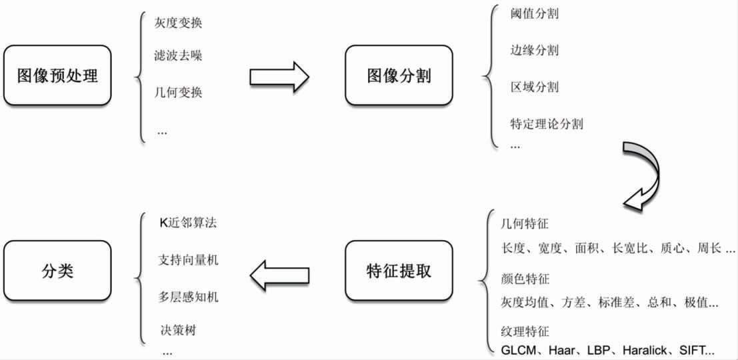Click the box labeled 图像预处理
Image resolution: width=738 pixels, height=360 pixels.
[57, 75]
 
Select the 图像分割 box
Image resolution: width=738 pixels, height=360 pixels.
[399, 75]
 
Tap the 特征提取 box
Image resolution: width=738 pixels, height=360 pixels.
[399, 271]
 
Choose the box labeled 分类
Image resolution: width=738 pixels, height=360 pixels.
[57, 271]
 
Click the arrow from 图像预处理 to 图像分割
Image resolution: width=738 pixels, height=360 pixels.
[279, 75]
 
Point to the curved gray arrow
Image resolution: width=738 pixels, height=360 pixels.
[647, 174]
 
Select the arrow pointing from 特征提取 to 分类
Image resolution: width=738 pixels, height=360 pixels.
[279, 275]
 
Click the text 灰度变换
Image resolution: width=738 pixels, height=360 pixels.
[178, 23]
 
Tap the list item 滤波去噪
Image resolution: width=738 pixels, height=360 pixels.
[178, 56]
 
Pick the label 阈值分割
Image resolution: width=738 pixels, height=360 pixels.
[535, 13]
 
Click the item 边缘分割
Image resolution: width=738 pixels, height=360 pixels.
[535, 49]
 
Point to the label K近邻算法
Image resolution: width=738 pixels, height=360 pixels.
[188, 223]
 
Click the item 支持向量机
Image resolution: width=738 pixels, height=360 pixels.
[188, 259]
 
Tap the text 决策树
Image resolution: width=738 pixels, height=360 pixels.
[177, 331]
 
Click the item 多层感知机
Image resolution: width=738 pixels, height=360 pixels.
[188, 297]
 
